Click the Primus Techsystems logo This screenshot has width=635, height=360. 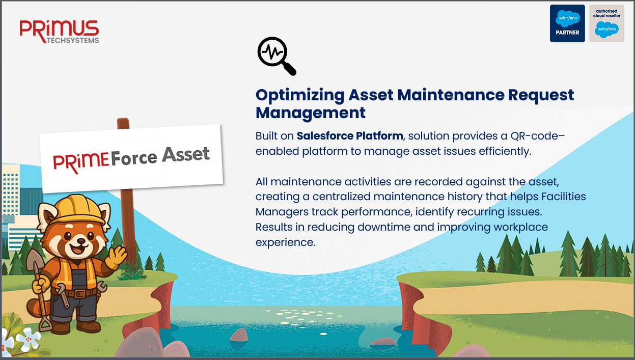59,32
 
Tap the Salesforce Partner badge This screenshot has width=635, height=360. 567,23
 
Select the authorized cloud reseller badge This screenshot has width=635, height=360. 606,23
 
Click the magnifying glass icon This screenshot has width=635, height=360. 277,56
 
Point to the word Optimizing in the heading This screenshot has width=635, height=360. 300,95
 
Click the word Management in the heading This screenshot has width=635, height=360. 311,113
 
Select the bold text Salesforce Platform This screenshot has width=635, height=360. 350,136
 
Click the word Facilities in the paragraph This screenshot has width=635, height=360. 564,197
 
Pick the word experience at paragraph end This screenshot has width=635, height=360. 286,243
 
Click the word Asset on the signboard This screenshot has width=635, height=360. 186,155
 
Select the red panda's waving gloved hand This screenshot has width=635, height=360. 117,256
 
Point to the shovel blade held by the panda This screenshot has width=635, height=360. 35,259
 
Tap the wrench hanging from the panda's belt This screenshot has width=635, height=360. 63,295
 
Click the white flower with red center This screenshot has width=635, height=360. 29,339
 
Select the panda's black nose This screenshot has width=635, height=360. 81,241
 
